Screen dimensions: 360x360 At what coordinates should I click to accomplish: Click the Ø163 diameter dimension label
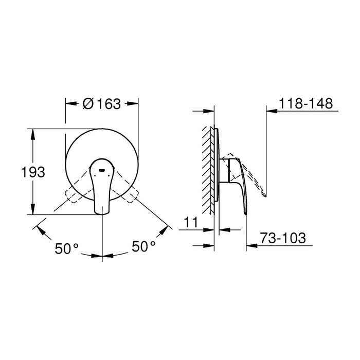[x=102, y=104]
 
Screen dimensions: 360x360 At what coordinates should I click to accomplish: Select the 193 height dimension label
[x=33, y=172]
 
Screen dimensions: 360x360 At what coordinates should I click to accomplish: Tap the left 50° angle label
[x=67, y=248]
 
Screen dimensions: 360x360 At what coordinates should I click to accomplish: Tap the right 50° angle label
[x=143, y=246]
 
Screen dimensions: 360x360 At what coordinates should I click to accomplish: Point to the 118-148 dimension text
[x=305, y=103]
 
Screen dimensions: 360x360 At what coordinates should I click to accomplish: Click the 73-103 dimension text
[x=283, y=238]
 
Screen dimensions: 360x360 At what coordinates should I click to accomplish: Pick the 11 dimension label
[x=191, y=222]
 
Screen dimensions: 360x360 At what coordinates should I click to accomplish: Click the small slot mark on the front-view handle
[x=102, y=170]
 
